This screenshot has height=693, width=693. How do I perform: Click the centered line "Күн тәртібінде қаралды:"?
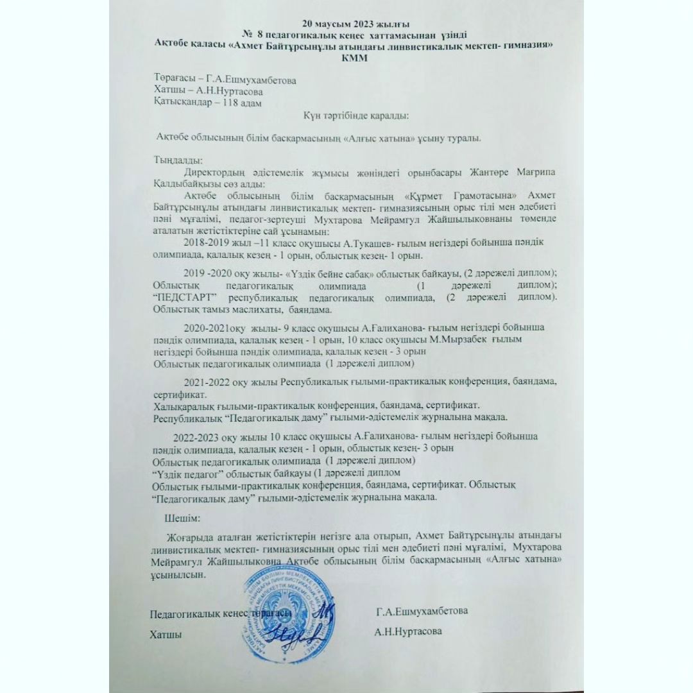point(355,116)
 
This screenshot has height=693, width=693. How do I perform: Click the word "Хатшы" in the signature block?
point(166,634)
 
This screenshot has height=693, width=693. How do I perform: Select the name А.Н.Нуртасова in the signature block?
point(409,631)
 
